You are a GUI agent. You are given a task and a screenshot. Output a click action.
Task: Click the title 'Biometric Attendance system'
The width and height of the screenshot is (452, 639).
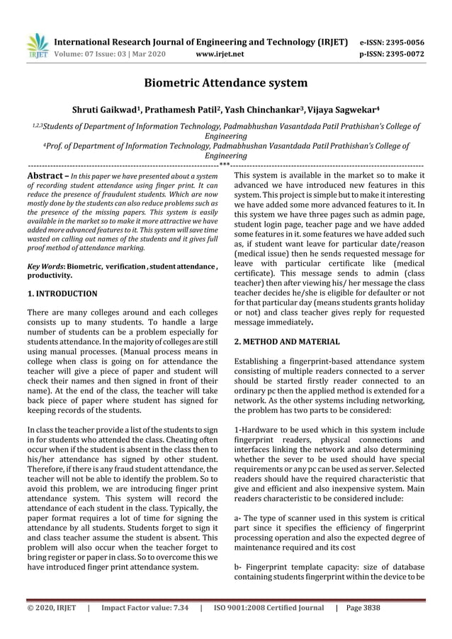(226, 84)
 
